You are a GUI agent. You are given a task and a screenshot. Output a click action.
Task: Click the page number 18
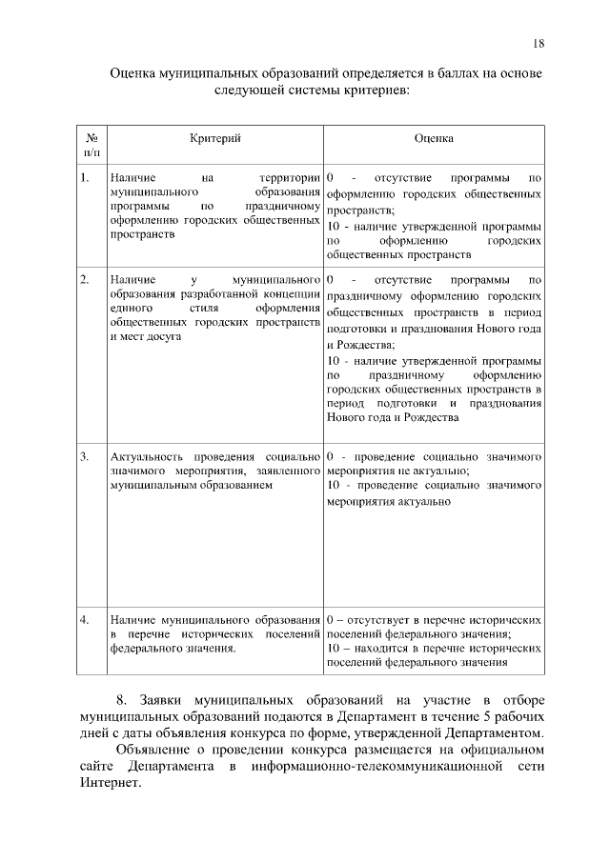[538, 44]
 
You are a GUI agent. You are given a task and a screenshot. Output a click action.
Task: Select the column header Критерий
[213, 139]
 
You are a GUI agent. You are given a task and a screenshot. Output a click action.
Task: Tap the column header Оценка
[434, 139]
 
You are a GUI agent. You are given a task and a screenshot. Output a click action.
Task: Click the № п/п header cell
[91, 145]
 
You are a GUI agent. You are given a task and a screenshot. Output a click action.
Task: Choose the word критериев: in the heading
[375, 90]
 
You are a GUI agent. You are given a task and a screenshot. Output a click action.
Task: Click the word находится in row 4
[382, 648]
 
